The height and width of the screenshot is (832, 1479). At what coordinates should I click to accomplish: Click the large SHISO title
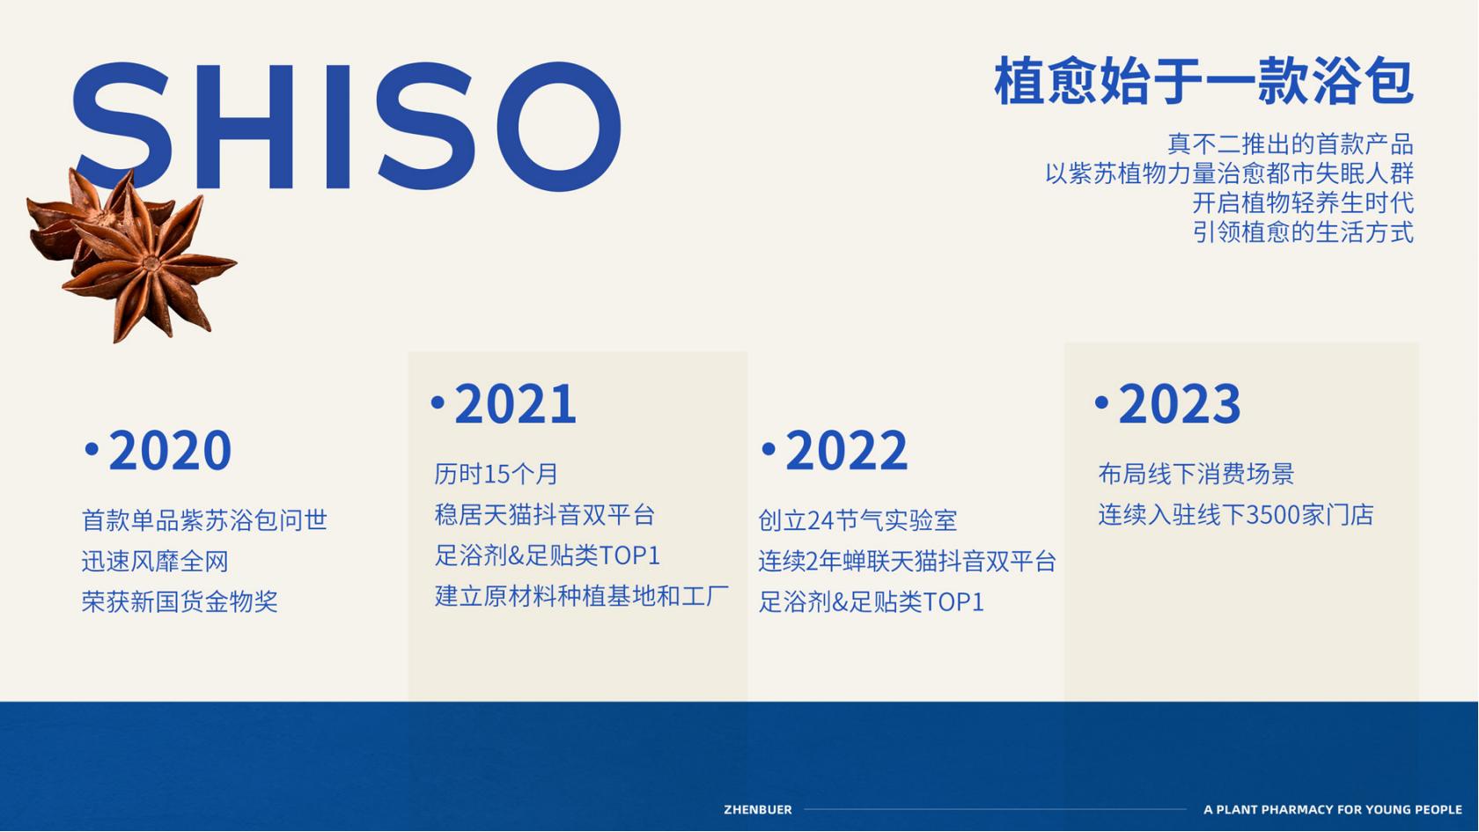point(347,126)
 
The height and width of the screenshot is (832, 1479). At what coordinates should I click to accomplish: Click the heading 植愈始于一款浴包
point(1203,81)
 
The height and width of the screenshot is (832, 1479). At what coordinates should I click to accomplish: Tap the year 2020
point(170,451)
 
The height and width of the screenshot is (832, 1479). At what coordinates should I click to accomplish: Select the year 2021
point(515,404)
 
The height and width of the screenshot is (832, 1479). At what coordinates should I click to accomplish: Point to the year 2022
point(847,451)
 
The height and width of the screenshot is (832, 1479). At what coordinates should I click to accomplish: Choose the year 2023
point(1180,404)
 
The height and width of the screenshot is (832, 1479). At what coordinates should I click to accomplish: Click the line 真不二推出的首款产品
point(1291,144)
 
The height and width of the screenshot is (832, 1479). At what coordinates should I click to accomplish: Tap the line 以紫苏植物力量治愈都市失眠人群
point(1229,173)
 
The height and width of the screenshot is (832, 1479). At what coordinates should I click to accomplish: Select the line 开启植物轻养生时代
point(1303,202)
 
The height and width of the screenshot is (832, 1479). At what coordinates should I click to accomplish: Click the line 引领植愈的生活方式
point(1303,232)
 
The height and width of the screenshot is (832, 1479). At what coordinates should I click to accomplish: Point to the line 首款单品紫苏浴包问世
point(204,520)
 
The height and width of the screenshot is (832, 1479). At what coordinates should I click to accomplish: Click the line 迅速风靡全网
point(155,562)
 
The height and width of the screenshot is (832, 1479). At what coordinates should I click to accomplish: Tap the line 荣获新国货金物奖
point(180,601)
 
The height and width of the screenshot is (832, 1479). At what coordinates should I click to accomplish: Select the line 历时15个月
point(496,474)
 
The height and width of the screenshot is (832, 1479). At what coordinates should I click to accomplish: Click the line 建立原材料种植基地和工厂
point(582,595)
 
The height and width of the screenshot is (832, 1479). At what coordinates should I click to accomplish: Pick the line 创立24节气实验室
point(857,520)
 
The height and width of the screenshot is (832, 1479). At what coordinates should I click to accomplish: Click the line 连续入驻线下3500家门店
point(1236,515)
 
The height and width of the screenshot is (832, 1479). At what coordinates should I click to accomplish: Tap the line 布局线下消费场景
point(1196,474)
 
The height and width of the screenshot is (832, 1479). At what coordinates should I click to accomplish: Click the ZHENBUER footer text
point(757,810)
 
